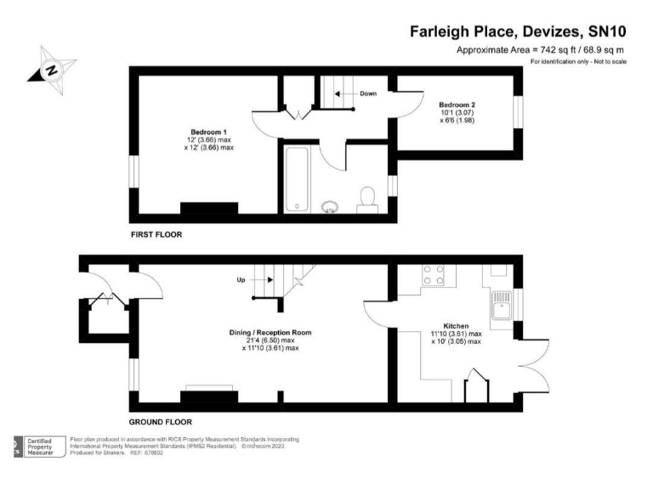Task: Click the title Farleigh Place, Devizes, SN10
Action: click(x=518, y=32)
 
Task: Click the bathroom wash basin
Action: click(x=330, y=206)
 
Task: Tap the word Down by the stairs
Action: click(x=367, y=93)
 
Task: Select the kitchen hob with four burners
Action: click(x=434, y=275)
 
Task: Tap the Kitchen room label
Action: click(x=456, y=325)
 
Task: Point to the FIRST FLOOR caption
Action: click(x=156, y=233)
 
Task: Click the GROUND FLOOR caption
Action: click(x=160, y=421)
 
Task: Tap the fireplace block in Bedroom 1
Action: click(x=208, y=209)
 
